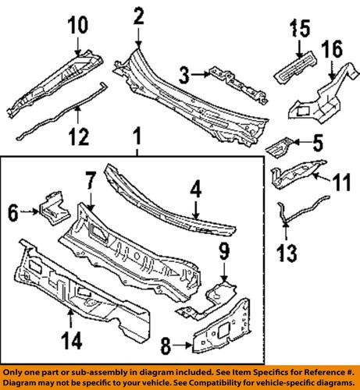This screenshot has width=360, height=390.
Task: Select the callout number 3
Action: pyautogui.click(x=184, y=75)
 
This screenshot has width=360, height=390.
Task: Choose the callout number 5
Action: pyautogui.click(x=318, y=143)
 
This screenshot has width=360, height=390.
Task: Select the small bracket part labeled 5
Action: pyautogui.click(x=280, y=144)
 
